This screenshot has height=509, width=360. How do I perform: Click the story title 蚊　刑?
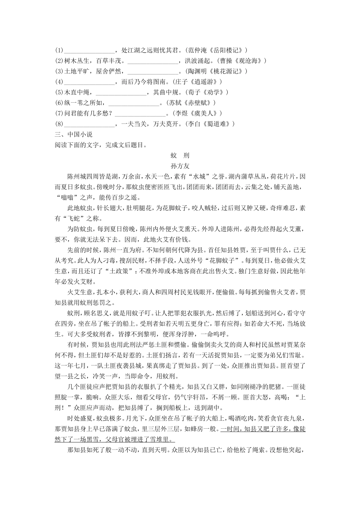(180, 155)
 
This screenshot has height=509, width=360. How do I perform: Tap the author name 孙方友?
(180, 166)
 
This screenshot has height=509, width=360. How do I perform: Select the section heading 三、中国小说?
(74, 134)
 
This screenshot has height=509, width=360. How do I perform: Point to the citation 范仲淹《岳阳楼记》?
(216, 50)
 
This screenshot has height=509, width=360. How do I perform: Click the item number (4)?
(58, 81)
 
